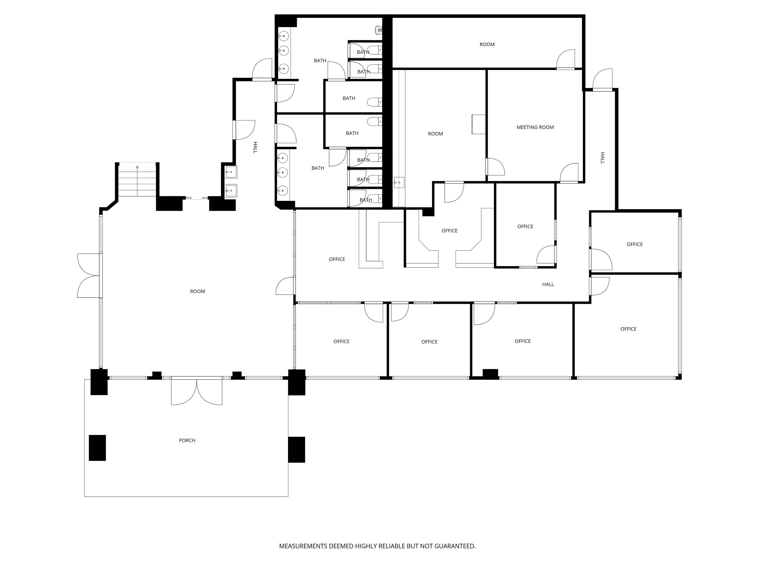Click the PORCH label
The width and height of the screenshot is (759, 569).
(x=187, y=440)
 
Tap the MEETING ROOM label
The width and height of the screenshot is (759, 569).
(x=535, y=127)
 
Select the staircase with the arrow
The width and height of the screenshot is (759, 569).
(x=137, y=180)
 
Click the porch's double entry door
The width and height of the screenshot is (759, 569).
(x=197, y=391)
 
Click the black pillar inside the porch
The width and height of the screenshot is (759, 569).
(x=97, y=448)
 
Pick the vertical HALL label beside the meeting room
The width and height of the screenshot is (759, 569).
(x=602, y=158)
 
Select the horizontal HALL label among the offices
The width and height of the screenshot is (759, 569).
(x=548, y=284)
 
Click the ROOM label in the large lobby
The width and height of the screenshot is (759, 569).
(x=198, y=292)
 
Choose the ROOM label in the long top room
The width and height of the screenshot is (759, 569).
(x=487, y=44)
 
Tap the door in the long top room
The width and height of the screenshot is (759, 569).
(x=565, y=59)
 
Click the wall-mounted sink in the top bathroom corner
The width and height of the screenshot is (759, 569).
(x=379, y=30)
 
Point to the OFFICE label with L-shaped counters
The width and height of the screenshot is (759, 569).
(x=449, y=231)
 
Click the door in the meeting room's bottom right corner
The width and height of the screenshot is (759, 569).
(x=569, y=173)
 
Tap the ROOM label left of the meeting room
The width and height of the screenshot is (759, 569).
(x=435, y=134)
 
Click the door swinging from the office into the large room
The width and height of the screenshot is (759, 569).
(x=285, y=286)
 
